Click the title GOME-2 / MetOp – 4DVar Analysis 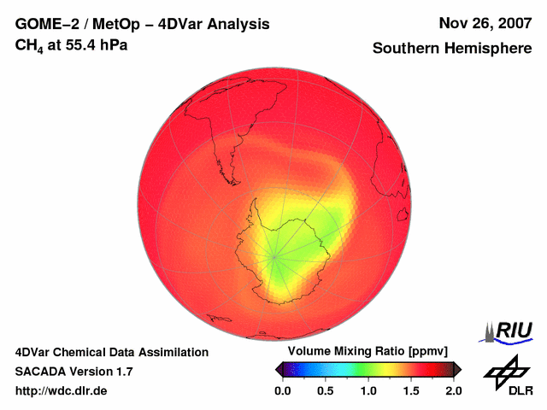pos(143,24)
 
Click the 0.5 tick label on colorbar pos(325,390)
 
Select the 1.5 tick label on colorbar pos(411,390)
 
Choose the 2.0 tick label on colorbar pos(453,390)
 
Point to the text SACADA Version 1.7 pos(74,372)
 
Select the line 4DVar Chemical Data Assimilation pos(111,352)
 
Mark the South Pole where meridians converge pos(275,256)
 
